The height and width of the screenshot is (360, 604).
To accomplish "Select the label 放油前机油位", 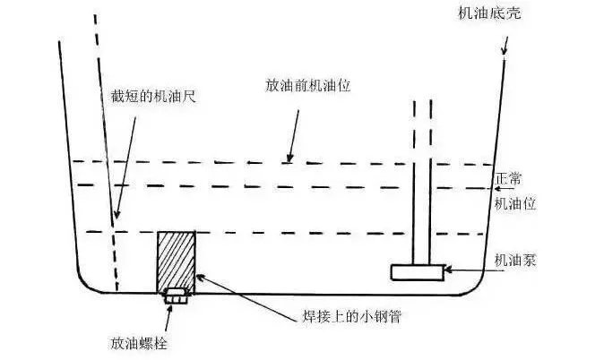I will click(306, 87).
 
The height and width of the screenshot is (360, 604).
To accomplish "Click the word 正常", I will click(508, 179).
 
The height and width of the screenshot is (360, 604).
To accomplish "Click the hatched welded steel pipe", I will click(177, 260).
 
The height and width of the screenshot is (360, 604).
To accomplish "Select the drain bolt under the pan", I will click(175, 295).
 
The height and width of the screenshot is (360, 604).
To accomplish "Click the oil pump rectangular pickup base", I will click(418, 271).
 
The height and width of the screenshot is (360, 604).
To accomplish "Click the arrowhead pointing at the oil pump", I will click(450, 269).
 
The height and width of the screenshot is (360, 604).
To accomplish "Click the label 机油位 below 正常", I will click(515, 204).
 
